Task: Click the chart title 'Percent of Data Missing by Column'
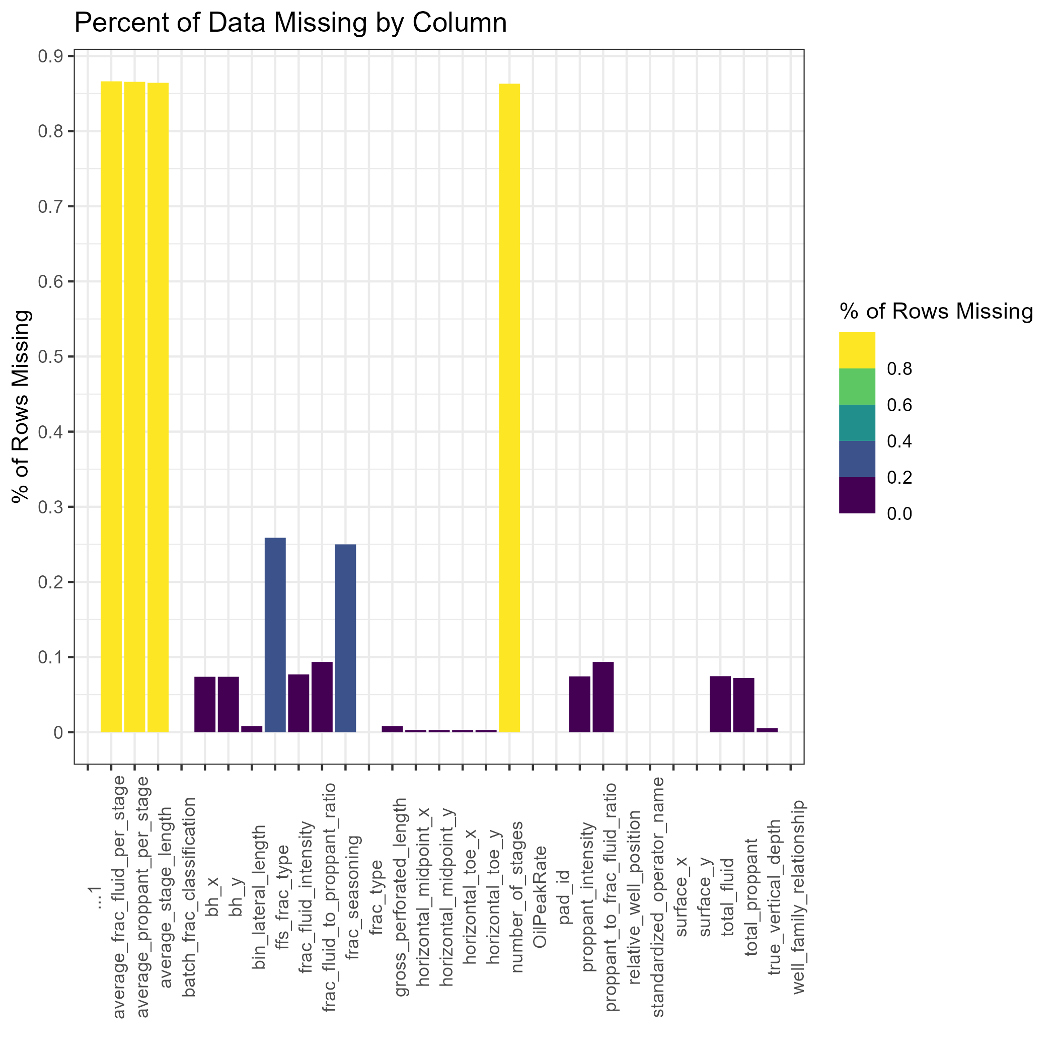tap(290, 24)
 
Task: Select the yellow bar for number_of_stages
tap(509, 408)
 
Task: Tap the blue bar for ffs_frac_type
tap(275, 635)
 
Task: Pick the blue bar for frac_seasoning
tap(345, 638)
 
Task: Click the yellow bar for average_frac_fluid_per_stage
tap(111, 407)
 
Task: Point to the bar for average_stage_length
tap(158, 408)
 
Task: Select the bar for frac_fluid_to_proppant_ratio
tap(322, 697)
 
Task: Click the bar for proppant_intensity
tap(579, 704)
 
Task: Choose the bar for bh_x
tap(205, 704)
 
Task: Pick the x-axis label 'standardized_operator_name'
tap(658, 897)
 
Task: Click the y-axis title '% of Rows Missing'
tap(21, 406)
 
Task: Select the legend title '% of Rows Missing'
tap(936, 311)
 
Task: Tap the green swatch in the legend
tap(857, 386)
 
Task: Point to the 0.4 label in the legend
tap(899, 441)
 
